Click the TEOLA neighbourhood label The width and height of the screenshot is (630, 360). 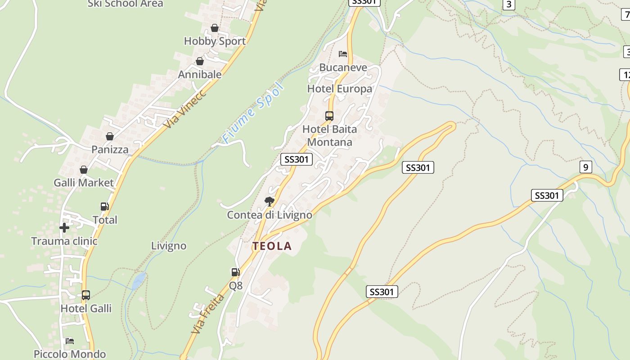pyautogui.click(x=272, y=246)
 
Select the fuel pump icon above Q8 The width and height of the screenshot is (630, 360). pyautogui.click(x=235, y=272)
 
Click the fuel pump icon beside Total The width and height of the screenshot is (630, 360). pyautogui.click(x=104, y=207)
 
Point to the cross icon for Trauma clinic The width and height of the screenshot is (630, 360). pyautogui.click(x=64, y=228)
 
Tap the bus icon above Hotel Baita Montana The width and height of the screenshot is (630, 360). pyautogui.click(x=329, y=116)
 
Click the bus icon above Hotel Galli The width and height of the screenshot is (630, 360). pyautogui.click(x=85, y=295)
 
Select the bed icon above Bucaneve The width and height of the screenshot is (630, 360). pyautogui.click(x=343, y=54)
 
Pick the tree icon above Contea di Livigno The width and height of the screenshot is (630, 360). pyautogui.click(x=270, y=201)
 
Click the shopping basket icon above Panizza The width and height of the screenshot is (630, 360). pyautogui.click(x=109, y=136)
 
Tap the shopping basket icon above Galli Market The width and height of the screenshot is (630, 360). pyautogui.click(x=84, y=170)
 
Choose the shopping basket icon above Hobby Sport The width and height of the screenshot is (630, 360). pyautogui.click(x=215, y=28)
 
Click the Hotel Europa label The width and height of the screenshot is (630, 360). pyautogui.click(x=340, y=89)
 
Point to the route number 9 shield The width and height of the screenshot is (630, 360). pyautogui.click(x=585, y=167)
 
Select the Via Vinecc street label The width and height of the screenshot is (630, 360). pyautogui.click(x=185, y=108)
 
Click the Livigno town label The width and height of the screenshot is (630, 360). pyautogui.click(x=169, y=246)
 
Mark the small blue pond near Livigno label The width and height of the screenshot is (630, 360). pyautogui.click(x=139, y=281)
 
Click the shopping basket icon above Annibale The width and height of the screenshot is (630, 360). pyautogui.click(x=200, y=61)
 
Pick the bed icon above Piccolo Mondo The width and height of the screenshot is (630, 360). pyautogui.click(x=70, y=341)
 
